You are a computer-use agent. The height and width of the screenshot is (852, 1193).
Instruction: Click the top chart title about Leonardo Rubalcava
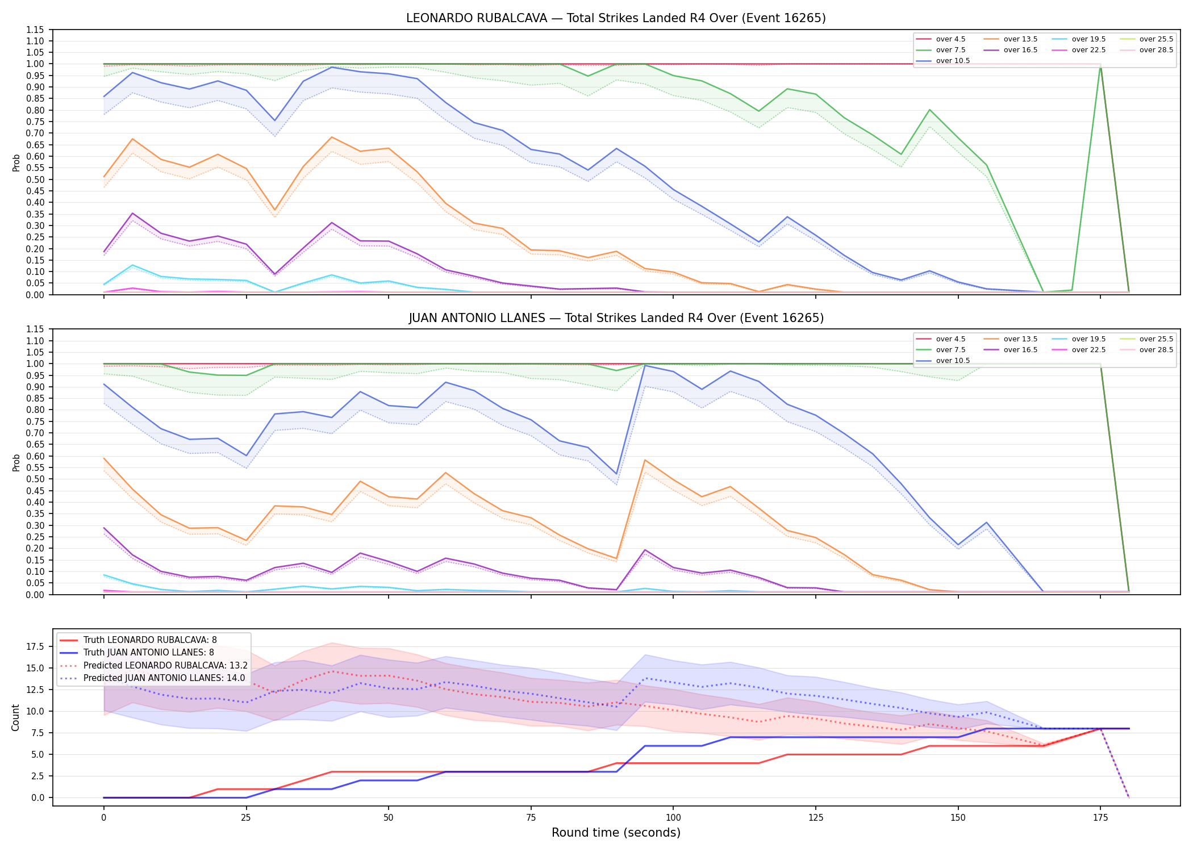pyautogui.click(x=616, y=18)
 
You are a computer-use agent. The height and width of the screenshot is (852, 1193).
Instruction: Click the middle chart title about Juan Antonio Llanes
pyautogui.click(x=616, y=318)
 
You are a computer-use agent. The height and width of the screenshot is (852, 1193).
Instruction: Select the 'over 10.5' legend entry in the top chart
pyautogui.click(x=943, y=61)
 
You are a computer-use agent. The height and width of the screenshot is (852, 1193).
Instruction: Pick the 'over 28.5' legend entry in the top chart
pyautogui.click(x=1146, y=50)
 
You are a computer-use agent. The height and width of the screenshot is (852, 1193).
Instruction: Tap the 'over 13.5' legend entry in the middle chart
pyautogui.click(x=1011, y=339)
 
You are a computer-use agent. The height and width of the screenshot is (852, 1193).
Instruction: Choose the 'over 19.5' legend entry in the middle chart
pyautogui.click(x=1079, y=339)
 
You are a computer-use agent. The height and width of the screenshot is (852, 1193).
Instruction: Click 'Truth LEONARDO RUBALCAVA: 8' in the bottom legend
pyautogui.click(x=138, y=640)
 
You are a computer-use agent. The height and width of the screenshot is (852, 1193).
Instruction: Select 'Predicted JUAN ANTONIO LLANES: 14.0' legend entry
pyautogui.click(x=152, y=678)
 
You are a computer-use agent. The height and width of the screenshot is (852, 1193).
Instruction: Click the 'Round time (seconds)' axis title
pyautogui.click(x=616, y=833)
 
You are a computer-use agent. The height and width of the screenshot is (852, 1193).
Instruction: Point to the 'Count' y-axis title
pyautogui.click(x=15, y=717)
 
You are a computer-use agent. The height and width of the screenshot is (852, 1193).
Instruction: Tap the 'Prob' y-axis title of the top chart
pyautogui.click(x=16, y=162)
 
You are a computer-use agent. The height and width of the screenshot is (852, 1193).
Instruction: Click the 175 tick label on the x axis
pyautogui.click(x=1100, y=818)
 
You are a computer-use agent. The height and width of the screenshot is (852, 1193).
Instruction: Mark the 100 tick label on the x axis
pyautogui.click(x=673, y=818)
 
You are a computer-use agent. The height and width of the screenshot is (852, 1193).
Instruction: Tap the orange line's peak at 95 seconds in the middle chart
pyautogui.click(x=645, y=460)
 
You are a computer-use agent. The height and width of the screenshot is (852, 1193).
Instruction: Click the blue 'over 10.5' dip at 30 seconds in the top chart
pyautogui.click(x=275, y=120)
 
